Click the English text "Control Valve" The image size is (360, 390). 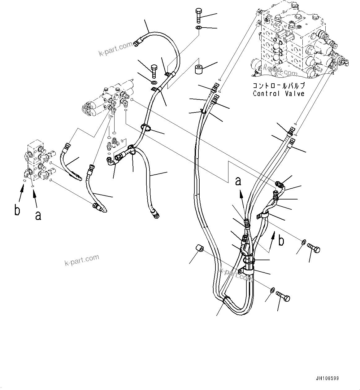pyautogui.click(x=279, y=93)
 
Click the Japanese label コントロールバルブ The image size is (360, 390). pyautogui.click(x=279, y=85)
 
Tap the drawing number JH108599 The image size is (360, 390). pyautogui.click(x=327, y=379)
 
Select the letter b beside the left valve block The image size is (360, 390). pyautogui.click(x=18, y=210)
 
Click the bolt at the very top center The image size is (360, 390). pyautogui.click(x=198, y=15)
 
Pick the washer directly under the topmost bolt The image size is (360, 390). pyautogui.click(x=198, y=28)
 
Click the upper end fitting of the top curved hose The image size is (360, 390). pyautogui.click(x=139, y=41)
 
